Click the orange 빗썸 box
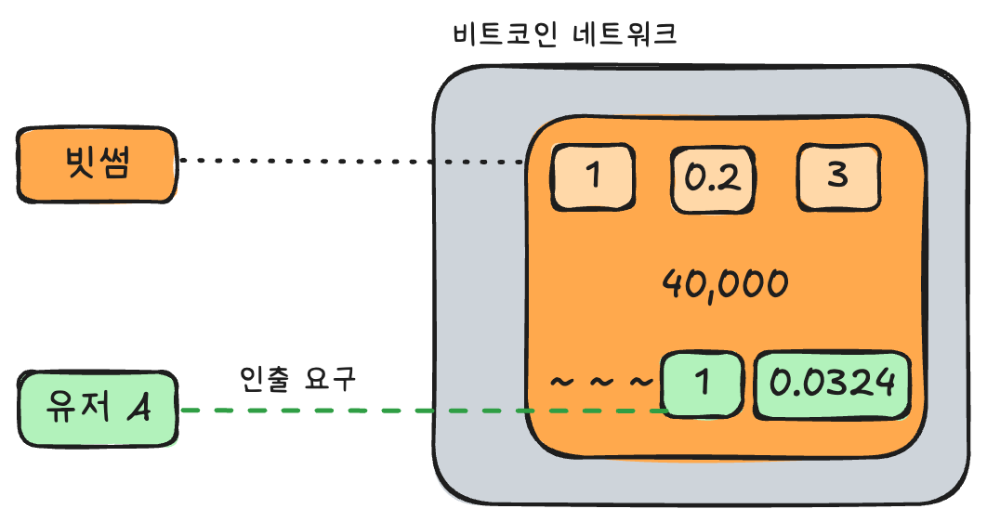coord(97,164)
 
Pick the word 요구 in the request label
coord(329,378)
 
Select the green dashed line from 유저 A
coord(418,410)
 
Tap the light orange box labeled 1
coord(594,176)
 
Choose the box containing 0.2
coord(711,176)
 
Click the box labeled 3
coord(838,176)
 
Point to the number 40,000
coord(725,281)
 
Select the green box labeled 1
coord(702,384)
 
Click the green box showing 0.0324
coord(833,384)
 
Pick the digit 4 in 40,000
coord(672,281)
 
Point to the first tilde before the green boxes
coord(562,382)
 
